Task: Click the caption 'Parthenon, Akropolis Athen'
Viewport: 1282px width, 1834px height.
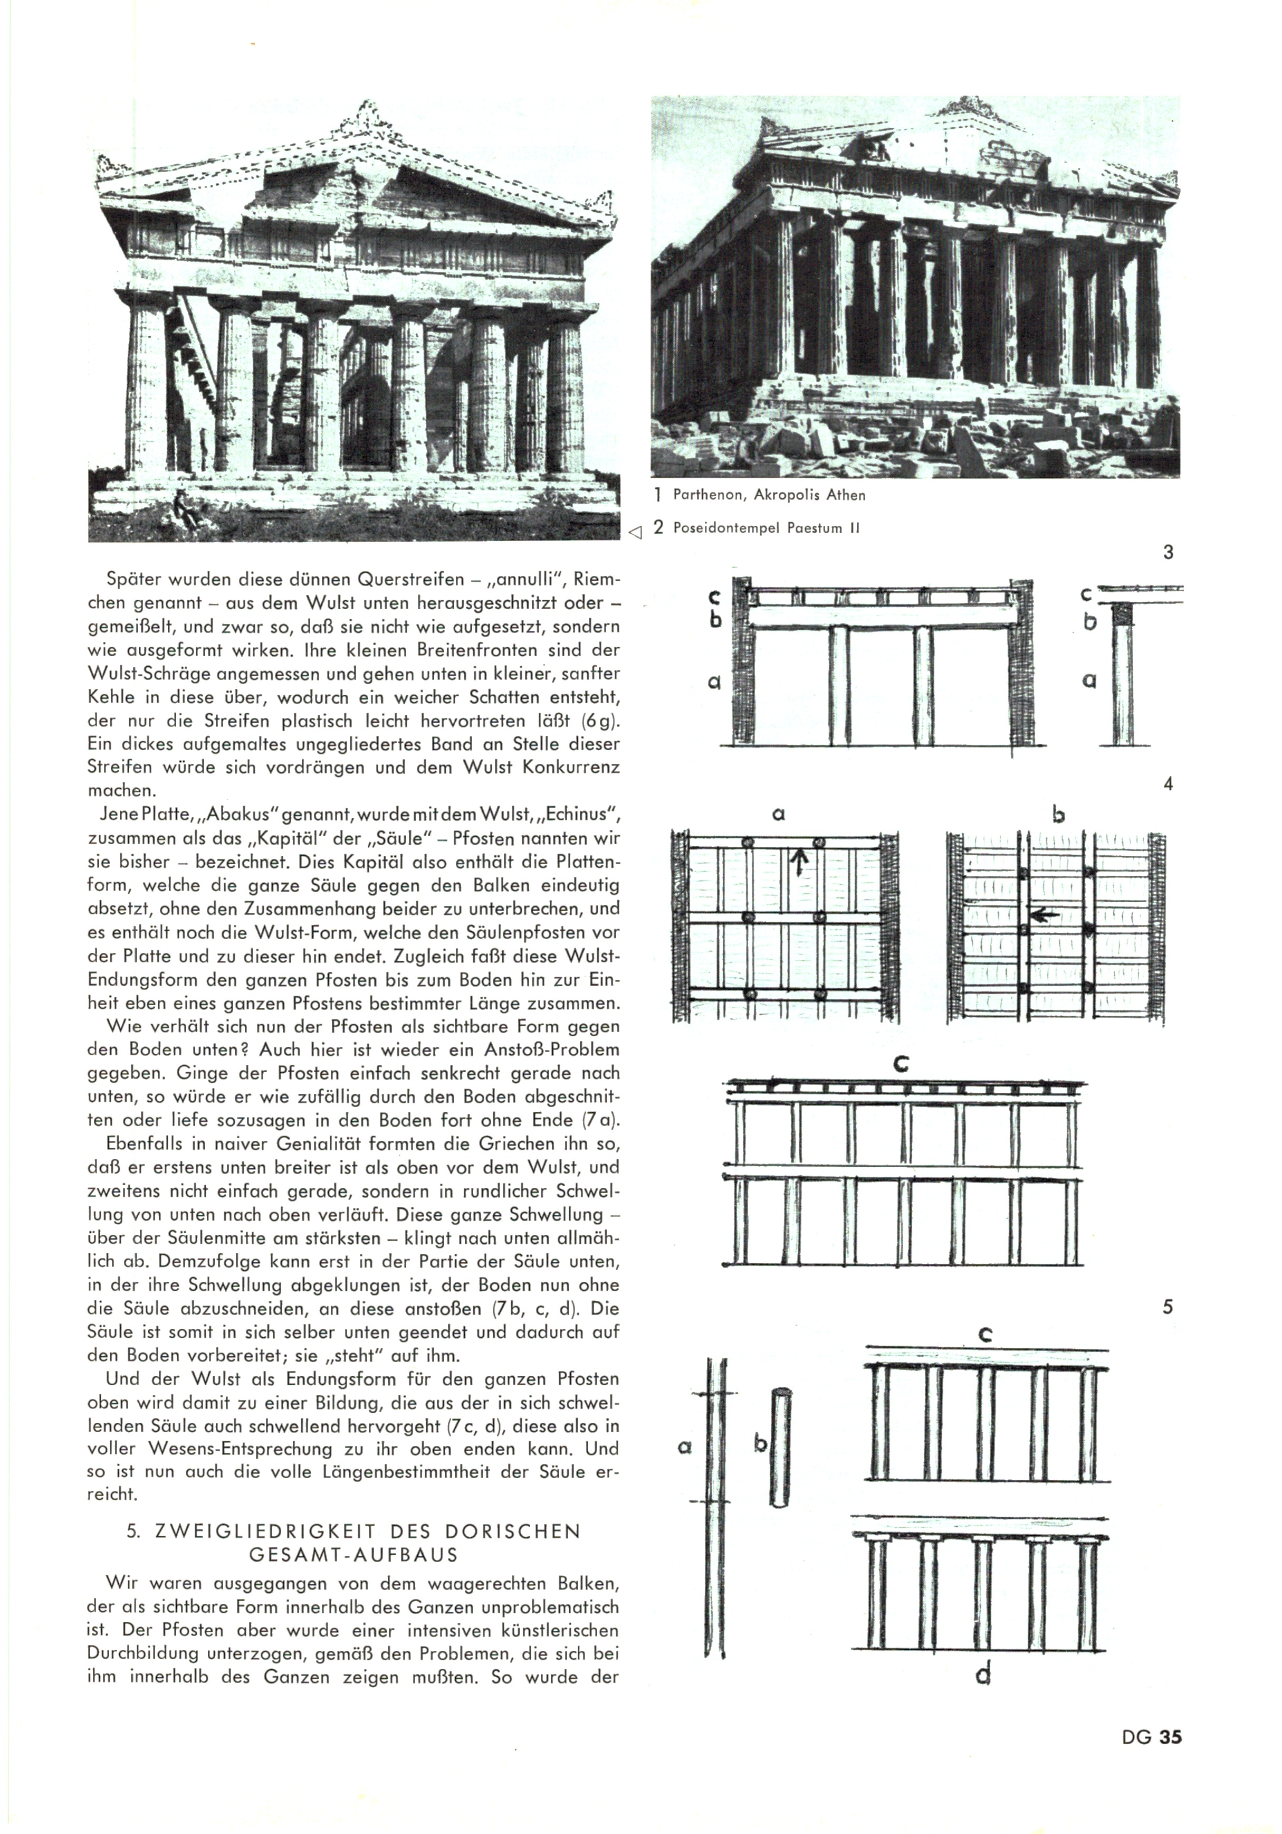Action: [x=769, y=495]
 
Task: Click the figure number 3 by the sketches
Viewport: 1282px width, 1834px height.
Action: [x=1168, y=552]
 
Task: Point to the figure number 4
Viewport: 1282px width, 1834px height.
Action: [x=1168, y=783]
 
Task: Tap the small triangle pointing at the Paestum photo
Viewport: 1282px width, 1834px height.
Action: [x=635, y=531]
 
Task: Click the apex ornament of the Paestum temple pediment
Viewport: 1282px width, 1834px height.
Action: [x=367, y=114]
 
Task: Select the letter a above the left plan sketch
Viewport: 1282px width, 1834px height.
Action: [x=780, y=814]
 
